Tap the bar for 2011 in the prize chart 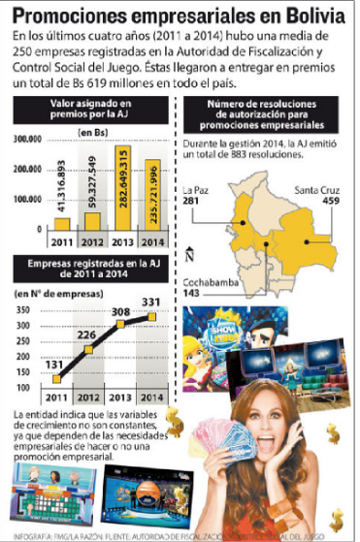pyautogui.click(x=62, y=224)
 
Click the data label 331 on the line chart pyautogui.click(x=152, y=303)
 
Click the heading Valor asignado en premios pyautogui.click(x=91, y=108)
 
